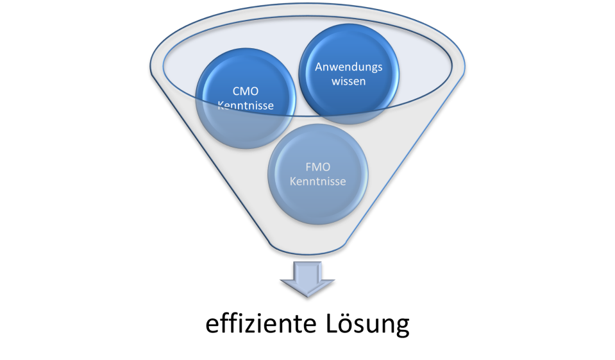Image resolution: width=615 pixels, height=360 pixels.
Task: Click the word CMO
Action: point(246,90)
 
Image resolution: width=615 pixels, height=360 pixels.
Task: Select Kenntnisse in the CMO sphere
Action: point(246,105)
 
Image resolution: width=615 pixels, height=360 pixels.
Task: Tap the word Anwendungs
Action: point(348,67)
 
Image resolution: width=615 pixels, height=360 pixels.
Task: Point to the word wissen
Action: point(349,81)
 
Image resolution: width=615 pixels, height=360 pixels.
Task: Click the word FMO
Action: point(317,167)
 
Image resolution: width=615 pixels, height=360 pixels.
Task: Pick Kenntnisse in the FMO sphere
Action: point(317,182)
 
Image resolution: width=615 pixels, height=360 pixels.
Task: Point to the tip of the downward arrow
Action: point(308,296)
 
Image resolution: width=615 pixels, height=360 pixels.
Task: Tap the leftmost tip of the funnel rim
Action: point(151,65)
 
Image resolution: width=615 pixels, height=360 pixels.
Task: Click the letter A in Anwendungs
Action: point(318,67)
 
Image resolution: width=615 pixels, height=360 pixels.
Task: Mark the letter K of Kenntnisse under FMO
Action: point(293,182)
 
